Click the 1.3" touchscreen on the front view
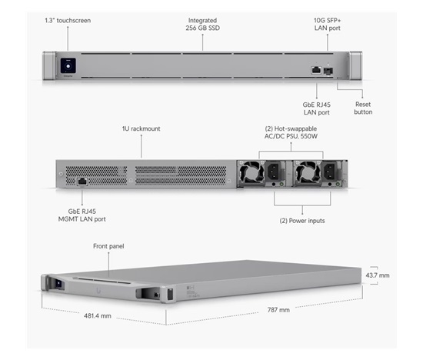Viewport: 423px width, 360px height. [68, 65]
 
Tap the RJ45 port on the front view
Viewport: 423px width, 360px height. [316, 70]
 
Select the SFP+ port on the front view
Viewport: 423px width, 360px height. [328, 72]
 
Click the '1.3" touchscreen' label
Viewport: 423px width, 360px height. [68, 21]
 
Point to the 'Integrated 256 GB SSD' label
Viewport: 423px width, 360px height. [202, 25]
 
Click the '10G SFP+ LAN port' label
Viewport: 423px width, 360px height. [327, 25]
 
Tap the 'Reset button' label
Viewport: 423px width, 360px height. [363, 108]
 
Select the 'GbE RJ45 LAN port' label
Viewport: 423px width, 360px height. [316, 108]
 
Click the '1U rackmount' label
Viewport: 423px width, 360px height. [141, 128]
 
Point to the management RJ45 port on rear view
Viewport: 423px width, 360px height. [82, 182]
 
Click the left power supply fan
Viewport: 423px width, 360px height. [252, 174]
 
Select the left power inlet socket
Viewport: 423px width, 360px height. [275, 172]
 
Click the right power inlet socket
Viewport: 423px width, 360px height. [331, 172]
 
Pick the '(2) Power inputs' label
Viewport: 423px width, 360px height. [302, 221]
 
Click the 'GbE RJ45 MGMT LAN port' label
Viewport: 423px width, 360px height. [82, 215]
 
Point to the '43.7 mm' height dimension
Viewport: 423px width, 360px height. [378, 275]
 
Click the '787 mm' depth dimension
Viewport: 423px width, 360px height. [278, 310]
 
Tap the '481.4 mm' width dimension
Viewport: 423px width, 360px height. [98, 315]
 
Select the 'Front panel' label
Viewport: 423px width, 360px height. [108, 246]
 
